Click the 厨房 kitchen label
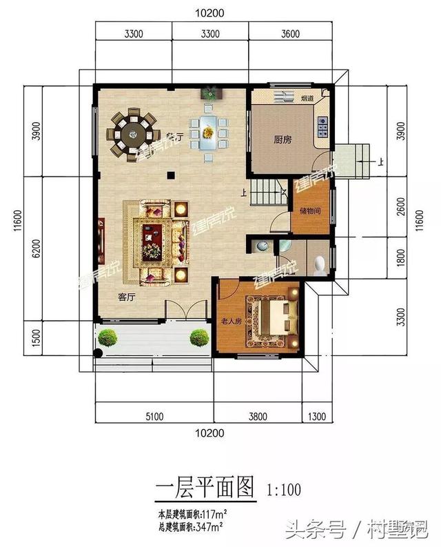coord(283,139)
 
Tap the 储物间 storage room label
coord(309,210)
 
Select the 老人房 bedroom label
coord(231,321)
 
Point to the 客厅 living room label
coord(125,297)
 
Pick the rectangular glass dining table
coord(209,133)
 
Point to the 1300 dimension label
coord(316,416)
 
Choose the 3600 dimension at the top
coord(289,33)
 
